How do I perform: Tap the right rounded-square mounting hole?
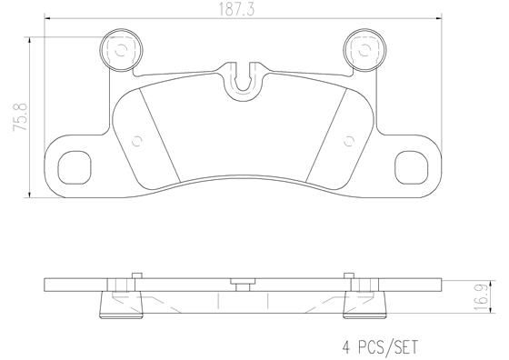(x=414, y=165)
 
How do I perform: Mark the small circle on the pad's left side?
(x=138, y=140)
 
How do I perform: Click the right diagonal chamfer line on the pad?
(x=327, y=136)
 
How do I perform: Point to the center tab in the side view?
(x=240, y=282)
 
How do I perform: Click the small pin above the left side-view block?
(x=133, y=275)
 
